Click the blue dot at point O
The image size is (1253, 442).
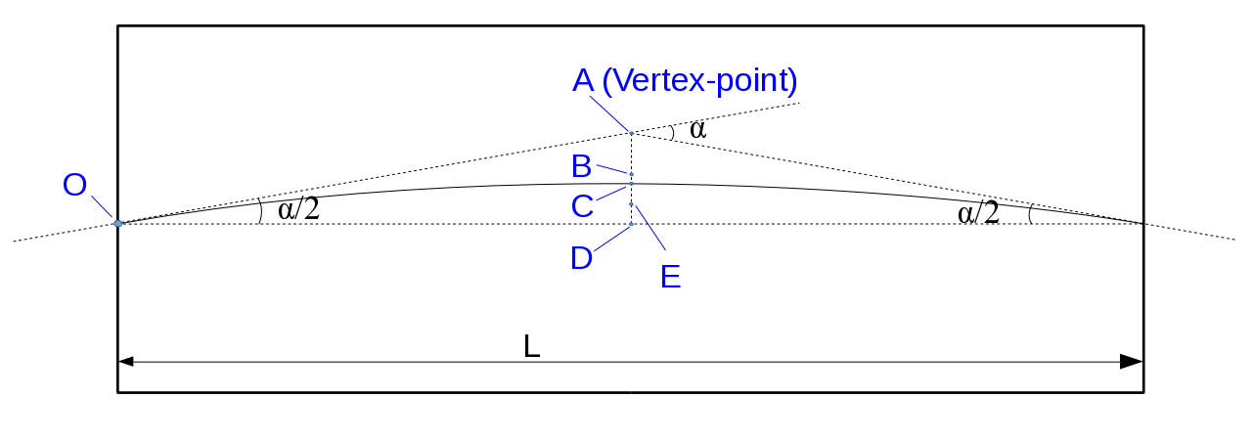118,223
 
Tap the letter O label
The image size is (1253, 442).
75,185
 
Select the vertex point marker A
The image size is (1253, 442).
632,133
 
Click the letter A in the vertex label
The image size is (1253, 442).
583,80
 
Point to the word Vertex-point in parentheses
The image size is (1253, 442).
699,81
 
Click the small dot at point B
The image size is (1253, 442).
632,174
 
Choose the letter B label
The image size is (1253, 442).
582,166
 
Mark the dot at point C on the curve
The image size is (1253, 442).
632,184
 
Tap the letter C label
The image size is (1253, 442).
582,206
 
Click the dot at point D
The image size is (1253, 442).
632,224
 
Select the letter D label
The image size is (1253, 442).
582,258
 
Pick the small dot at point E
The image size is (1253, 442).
632,204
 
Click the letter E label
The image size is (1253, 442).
671,277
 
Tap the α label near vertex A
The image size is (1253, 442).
698,130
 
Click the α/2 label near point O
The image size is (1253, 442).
298,209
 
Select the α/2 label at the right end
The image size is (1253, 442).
978,212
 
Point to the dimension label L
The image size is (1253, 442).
532,346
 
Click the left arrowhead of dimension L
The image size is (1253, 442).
126,362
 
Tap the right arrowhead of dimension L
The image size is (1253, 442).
1132,362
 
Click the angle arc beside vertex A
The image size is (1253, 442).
672,133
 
